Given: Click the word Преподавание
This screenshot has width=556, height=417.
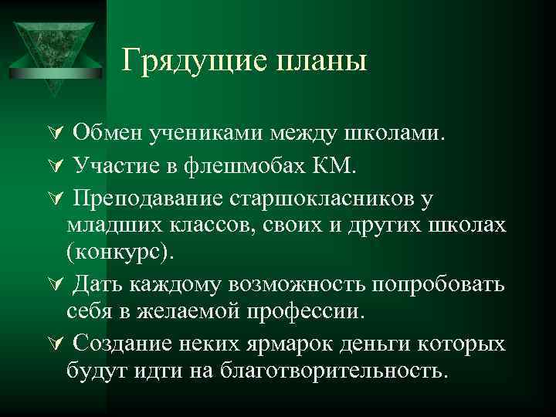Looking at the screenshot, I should point(147,198).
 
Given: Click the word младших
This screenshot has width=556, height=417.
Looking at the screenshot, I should point(114,225).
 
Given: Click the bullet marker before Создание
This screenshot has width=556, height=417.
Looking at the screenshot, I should point(54,343).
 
